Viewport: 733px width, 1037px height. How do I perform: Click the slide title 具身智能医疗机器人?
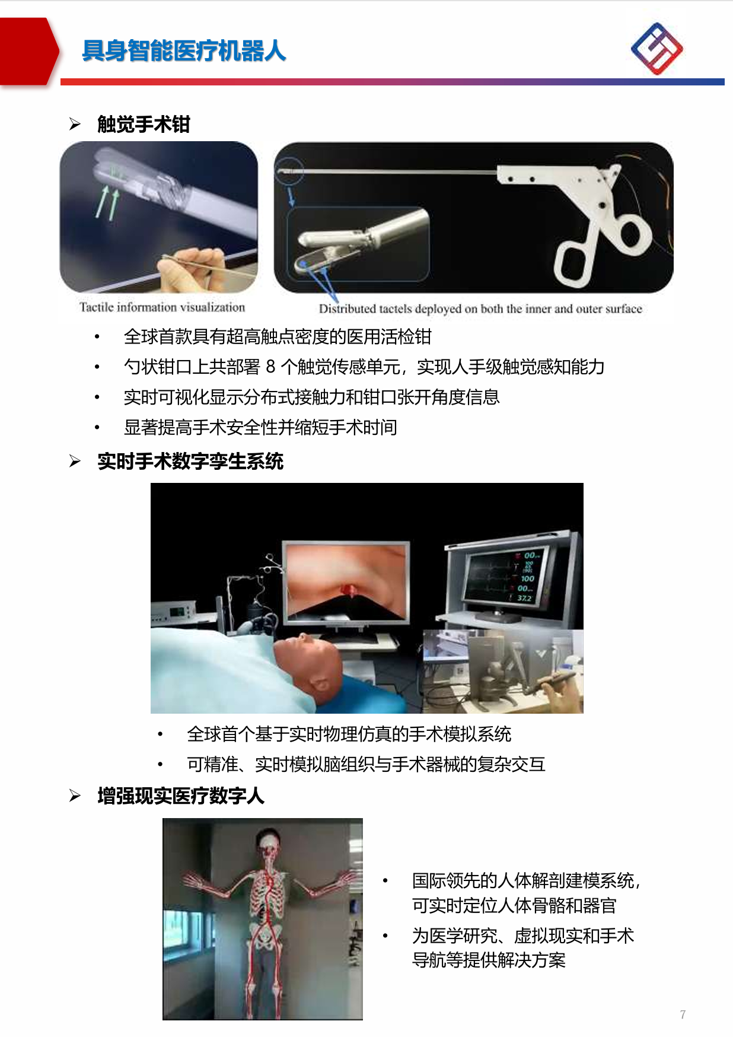point(184,51)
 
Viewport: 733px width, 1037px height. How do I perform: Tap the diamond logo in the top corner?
point(656,49)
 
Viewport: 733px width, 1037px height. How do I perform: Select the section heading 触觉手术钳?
point(144,125)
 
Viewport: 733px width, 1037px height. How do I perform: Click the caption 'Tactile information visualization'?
point(162,307)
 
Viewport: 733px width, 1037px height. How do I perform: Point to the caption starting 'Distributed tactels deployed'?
point(480,308)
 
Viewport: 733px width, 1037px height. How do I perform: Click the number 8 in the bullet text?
point(270,367)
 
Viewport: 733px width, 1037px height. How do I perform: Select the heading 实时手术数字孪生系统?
point(190,462)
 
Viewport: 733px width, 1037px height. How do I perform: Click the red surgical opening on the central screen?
point(348,589)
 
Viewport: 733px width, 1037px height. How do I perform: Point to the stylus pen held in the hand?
point(549,682)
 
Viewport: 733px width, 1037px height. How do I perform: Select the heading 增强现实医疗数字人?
point(181,796)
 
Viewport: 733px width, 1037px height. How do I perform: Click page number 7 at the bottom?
point(683,1014)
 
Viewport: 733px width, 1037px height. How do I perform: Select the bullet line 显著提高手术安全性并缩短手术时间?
point(260,428)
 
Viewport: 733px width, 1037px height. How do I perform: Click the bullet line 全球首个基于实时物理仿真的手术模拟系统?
point(349,734)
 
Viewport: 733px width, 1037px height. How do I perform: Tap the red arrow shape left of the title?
point(30,52)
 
